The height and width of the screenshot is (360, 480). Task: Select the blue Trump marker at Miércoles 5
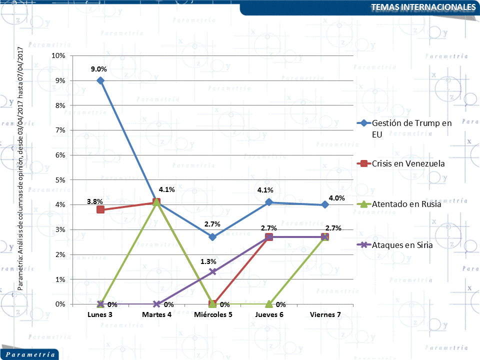tap(212, 237)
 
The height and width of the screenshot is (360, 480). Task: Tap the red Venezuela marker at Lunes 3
tap(100, 209)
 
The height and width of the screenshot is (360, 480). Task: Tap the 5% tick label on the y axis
tap(60, 179)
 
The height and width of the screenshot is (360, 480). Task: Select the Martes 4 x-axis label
tap(156, 314)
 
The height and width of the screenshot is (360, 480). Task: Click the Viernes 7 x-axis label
tap(325, 314)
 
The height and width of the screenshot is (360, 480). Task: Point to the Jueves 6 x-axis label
tap(269, 314)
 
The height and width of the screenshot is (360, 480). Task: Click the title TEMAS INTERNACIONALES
tap(423, 7)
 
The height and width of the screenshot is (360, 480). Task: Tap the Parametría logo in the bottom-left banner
tap(29, 354)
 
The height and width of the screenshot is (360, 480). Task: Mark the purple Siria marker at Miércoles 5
tap(212, 271)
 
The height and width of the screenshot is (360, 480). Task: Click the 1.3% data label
tap(208, 261)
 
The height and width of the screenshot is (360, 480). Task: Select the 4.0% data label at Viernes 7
tap(337, 198)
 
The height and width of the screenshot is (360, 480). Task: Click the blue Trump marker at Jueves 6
tap(269, 202)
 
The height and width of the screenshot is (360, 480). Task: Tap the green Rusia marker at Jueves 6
tap(269, 303)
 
